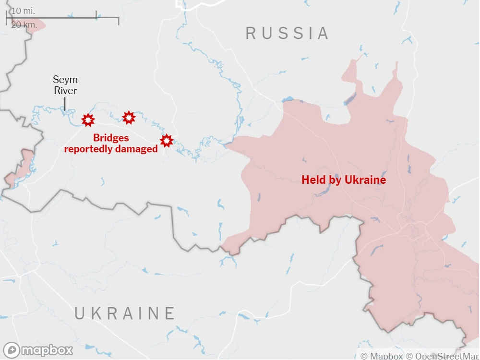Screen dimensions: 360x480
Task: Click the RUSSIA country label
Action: click(x=287, y=33)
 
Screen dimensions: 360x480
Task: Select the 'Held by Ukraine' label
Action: click(x=344, y=180)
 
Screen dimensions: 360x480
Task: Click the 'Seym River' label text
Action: click(x=65, y=85)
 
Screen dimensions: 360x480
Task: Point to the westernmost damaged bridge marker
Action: click(x=88, y=120)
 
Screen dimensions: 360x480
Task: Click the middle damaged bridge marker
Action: click(x=129, y=118)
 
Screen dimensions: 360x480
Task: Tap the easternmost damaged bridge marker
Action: click(x=166, y=141)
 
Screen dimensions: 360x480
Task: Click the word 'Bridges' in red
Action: click(x=111, y=138)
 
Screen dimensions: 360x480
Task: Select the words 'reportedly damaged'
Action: click(x=111, y=149)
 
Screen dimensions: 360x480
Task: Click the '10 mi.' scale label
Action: click(x=23, y=11)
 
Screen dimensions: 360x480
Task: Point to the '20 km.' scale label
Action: click(x=23, y=24)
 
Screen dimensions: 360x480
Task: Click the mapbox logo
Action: click(x=38, y=350)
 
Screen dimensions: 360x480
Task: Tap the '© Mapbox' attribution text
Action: click(x=382, y=356)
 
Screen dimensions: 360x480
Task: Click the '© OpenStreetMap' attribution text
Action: click(x=442, y=356)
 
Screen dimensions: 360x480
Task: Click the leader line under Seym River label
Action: click(x=65, y=103)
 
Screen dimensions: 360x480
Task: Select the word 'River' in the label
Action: click(x=65, y=91)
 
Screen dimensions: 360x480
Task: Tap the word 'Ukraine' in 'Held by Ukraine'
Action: click(x=368, y=180)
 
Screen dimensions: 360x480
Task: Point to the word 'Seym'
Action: click(x=65, y=80)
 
